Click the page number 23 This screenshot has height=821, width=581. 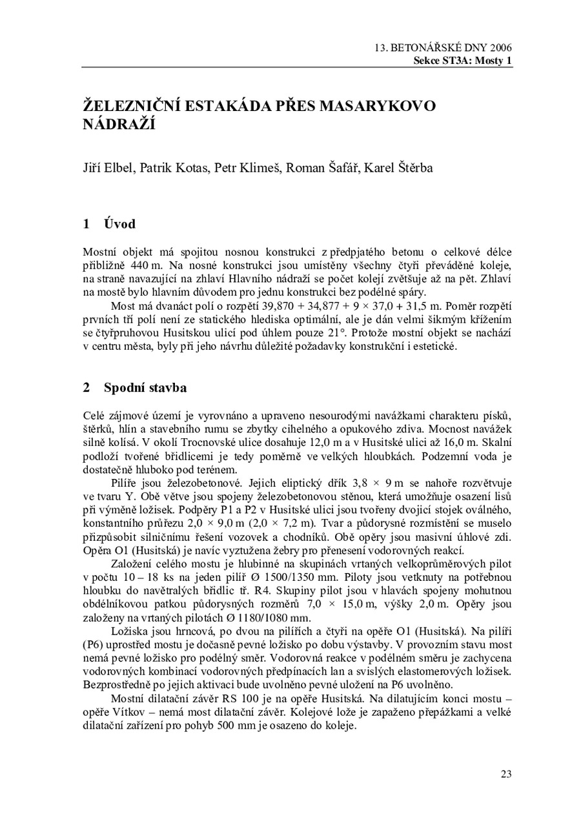505,774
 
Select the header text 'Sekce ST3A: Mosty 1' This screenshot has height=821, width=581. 463,60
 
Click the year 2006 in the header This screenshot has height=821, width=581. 500,48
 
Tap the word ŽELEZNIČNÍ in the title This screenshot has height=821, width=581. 132,105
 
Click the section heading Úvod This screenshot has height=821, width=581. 119,224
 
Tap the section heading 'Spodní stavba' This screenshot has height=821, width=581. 145,388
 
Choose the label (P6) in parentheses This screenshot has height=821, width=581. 95,644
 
